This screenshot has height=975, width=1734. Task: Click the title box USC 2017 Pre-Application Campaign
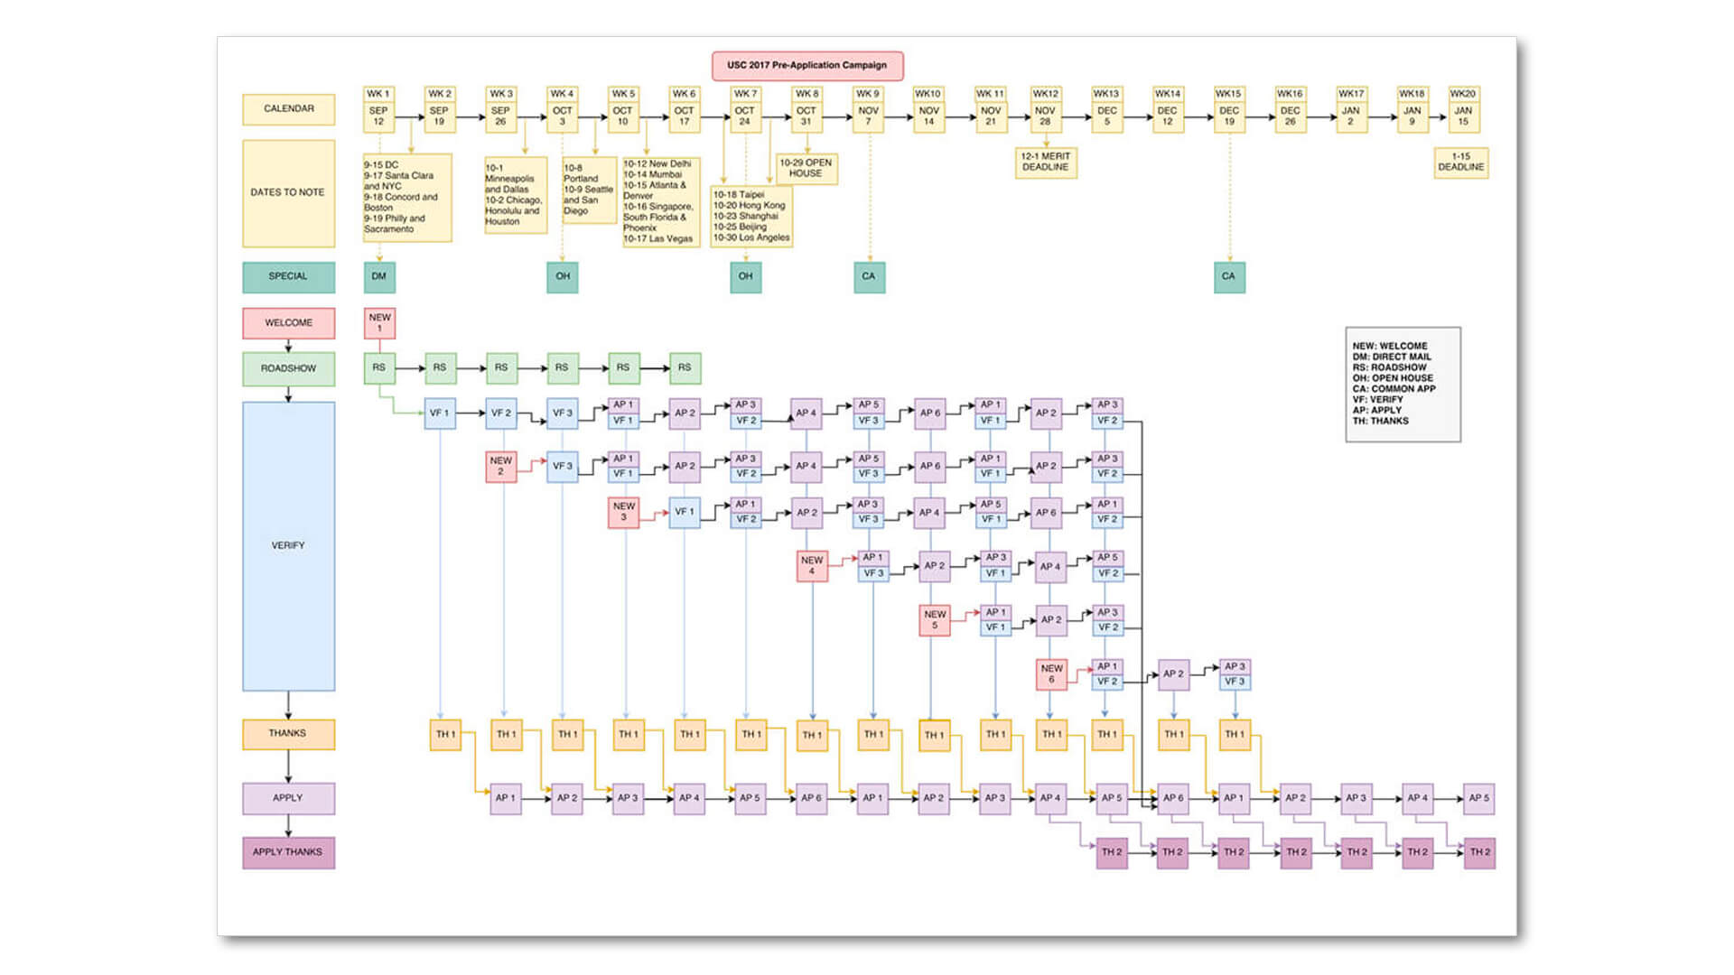[x=807, y=66]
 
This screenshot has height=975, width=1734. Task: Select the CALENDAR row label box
[x=288, y=109]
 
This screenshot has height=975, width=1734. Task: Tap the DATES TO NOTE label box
[x=288, y=193]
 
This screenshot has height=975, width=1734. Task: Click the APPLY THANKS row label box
[x=288, y=852]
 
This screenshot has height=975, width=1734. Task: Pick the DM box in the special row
[x=379, y=277]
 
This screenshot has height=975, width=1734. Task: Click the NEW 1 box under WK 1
[x=379, y=323]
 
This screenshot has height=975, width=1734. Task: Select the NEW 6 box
[x=1051, y=674]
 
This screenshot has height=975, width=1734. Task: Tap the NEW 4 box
[x=812, y=566]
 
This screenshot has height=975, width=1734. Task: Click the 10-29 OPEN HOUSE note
[x=806, y=169]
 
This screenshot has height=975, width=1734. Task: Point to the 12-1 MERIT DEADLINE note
[x=1046, y=162]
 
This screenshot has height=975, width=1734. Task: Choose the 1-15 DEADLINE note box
[x=1460, y=162]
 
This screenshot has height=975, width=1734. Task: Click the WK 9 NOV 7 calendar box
[x=868, y=110]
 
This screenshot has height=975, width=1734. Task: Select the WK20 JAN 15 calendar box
[x=1463, y=110]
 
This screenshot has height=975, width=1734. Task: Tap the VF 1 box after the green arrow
[x=440, y=413]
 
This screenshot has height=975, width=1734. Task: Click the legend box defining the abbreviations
[x=1403, y=385]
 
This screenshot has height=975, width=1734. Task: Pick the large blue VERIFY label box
[x=288, y=546]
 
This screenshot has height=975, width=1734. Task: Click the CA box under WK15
[x=1229, y=277]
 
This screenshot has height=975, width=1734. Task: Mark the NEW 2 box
[x=501, y=467]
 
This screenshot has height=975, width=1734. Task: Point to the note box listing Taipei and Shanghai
[x=751, y=217]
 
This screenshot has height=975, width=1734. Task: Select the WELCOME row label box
[x=288, y=323]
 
